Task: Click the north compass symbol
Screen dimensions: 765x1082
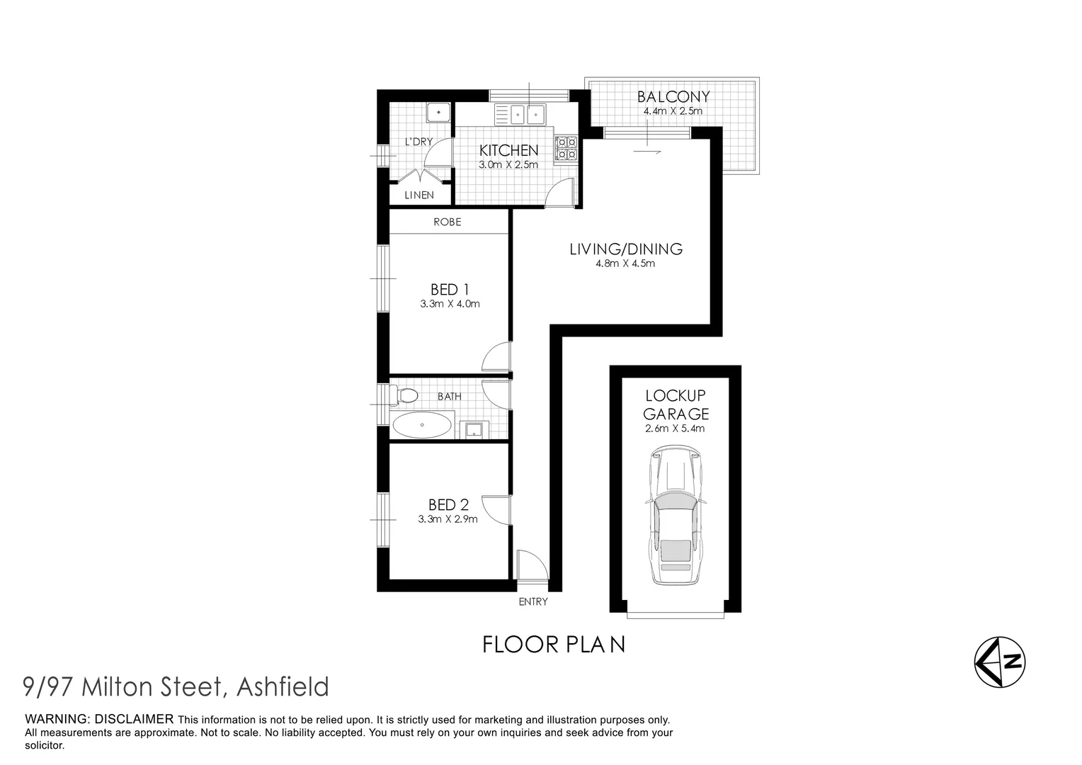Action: point(999,663)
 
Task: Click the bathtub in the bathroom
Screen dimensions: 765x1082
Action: point(421,426)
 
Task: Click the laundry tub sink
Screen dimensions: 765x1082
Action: point(439,112)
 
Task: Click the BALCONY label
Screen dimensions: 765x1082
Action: point(673,97)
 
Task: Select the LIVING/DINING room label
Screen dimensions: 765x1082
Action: point(626,249)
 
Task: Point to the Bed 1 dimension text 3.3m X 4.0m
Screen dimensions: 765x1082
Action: point(450,304)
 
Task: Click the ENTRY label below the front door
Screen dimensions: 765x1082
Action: point(533,601)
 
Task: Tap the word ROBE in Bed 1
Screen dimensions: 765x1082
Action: point(448,222)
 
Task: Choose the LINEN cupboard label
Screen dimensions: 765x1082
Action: point(419,195)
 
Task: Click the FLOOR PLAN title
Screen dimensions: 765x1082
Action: point(554,645)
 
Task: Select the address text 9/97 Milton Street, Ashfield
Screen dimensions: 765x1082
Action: point(176,686)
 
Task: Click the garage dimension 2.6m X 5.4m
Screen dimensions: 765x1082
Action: point(674,429)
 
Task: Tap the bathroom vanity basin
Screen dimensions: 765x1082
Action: point(472,429)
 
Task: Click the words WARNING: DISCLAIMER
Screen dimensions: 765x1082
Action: point(99,719)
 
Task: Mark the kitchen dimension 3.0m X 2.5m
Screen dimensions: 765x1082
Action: point(508,164)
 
